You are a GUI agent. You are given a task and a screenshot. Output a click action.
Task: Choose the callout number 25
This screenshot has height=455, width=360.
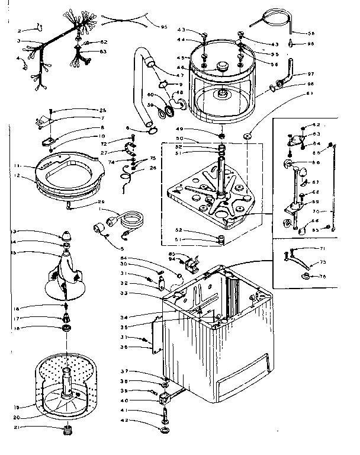(x=102, y=111)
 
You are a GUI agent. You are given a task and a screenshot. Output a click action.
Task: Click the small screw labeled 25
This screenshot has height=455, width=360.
(x=52, y=111)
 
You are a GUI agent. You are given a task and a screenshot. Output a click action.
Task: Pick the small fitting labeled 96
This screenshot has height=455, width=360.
(x=292, y=43)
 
